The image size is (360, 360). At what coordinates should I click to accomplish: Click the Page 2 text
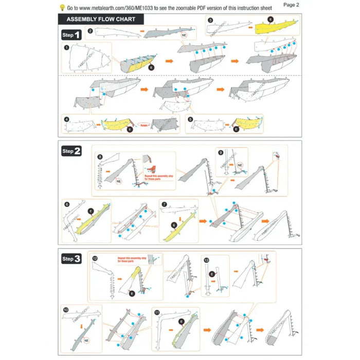[291, 4]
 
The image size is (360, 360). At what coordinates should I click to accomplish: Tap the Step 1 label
[71, 35]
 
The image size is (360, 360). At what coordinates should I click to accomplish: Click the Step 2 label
[71, 151]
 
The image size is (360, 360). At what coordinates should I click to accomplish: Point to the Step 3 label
[71, 259]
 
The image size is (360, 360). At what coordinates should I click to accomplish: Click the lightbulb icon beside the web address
[62, 8]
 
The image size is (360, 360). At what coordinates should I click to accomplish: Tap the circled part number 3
[210, 20]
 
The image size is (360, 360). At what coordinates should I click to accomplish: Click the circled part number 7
[164, 204]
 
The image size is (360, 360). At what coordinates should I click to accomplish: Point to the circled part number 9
[220, 153]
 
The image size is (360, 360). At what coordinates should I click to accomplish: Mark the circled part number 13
[206, 260]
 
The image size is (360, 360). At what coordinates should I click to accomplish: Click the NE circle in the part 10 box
[85, 340]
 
